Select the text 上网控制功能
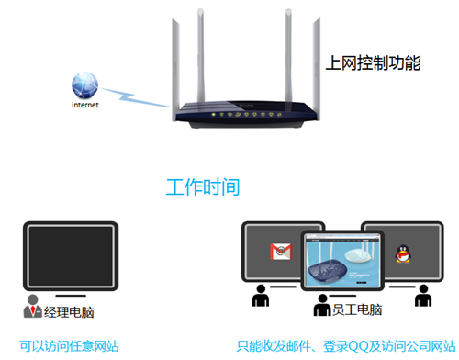(x=373, y=63)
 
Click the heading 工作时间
(x=203, y=187)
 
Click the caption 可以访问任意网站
(x=70, y=346)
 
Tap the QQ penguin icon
(x=400, y=253)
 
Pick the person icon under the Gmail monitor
(x=261, y=297)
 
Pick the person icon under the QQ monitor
(x=423, y=297)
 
